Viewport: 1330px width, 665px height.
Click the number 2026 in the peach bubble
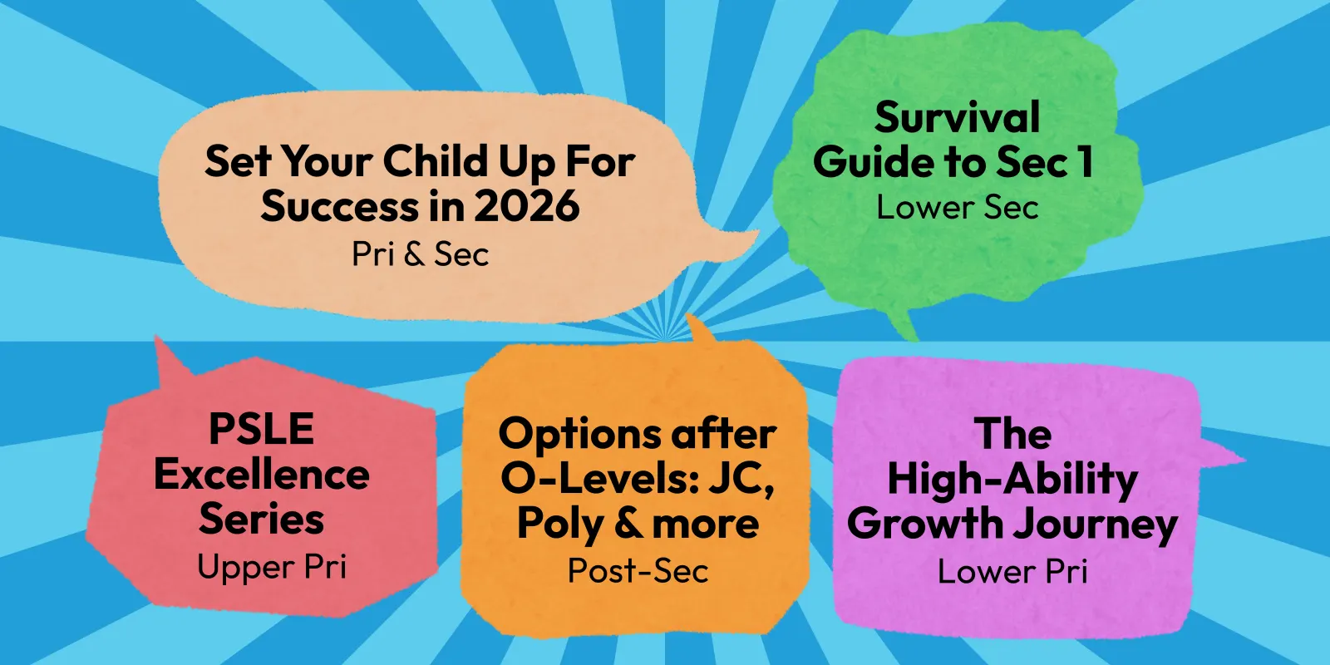(527, 207)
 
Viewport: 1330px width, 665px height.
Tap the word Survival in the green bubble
(957, 117)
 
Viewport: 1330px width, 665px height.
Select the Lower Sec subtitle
(957, 207)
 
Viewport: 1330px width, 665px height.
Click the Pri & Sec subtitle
(421, 254)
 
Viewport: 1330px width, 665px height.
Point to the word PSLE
(261, 429)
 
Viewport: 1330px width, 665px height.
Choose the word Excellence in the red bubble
(261, 475)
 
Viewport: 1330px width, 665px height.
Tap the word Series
(261, 519)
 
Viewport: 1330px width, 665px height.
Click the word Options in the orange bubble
(579, 434)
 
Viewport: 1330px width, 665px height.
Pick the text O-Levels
(598, 479)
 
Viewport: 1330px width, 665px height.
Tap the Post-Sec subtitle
(638, 570)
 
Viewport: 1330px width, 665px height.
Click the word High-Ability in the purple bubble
(1012, 480)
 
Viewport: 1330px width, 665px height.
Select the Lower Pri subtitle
(1012, 571)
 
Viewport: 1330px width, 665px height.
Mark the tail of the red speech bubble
(170, 362)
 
